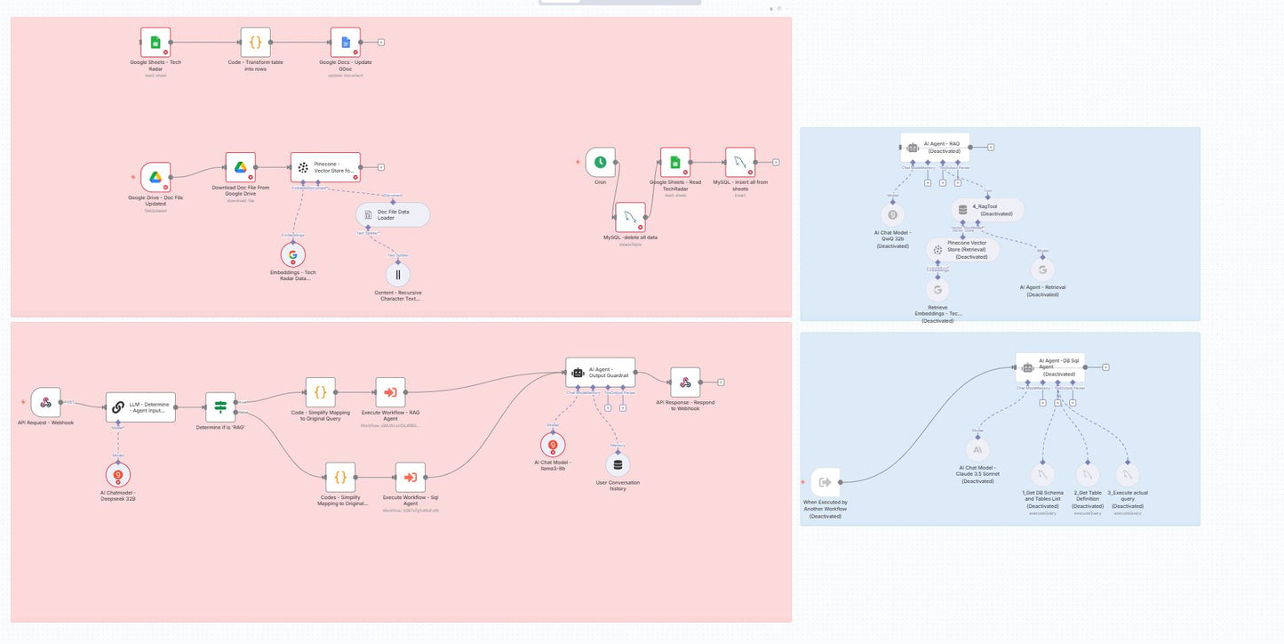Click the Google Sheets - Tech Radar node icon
click(x=156, y=42)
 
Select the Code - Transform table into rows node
click(x=255, y=42)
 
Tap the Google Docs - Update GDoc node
click(x=346, y=42)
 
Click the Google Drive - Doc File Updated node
click(x=156, y=177)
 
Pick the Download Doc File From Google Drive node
click(x=239, y=167)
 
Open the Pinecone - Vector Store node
click(x=325, y=167)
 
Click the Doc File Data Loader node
click(x=393, y=214)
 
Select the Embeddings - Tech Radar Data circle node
click(x=292, y=254)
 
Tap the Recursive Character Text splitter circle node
click(x=398, y=274)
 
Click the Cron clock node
click(x=601, y=162)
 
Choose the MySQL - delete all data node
click(x=630, y=217)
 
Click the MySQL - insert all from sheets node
click(x=740, y=162)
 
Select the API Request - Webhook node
click(x=45, y=402)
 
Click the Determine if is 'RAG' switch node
click(x=220, y=407)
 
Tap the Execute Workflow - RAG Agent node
click(x=390, y=391)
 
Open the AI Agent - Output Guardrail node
click(x=601, y=373)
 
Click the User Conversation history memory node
click(x=618, y=464)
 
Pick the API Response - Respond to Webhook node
click(x=685, y=382)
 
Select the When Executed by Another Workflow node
click(x=825, y=482)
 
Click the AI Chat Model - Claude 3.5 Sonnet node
click(x=977, y=450)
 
